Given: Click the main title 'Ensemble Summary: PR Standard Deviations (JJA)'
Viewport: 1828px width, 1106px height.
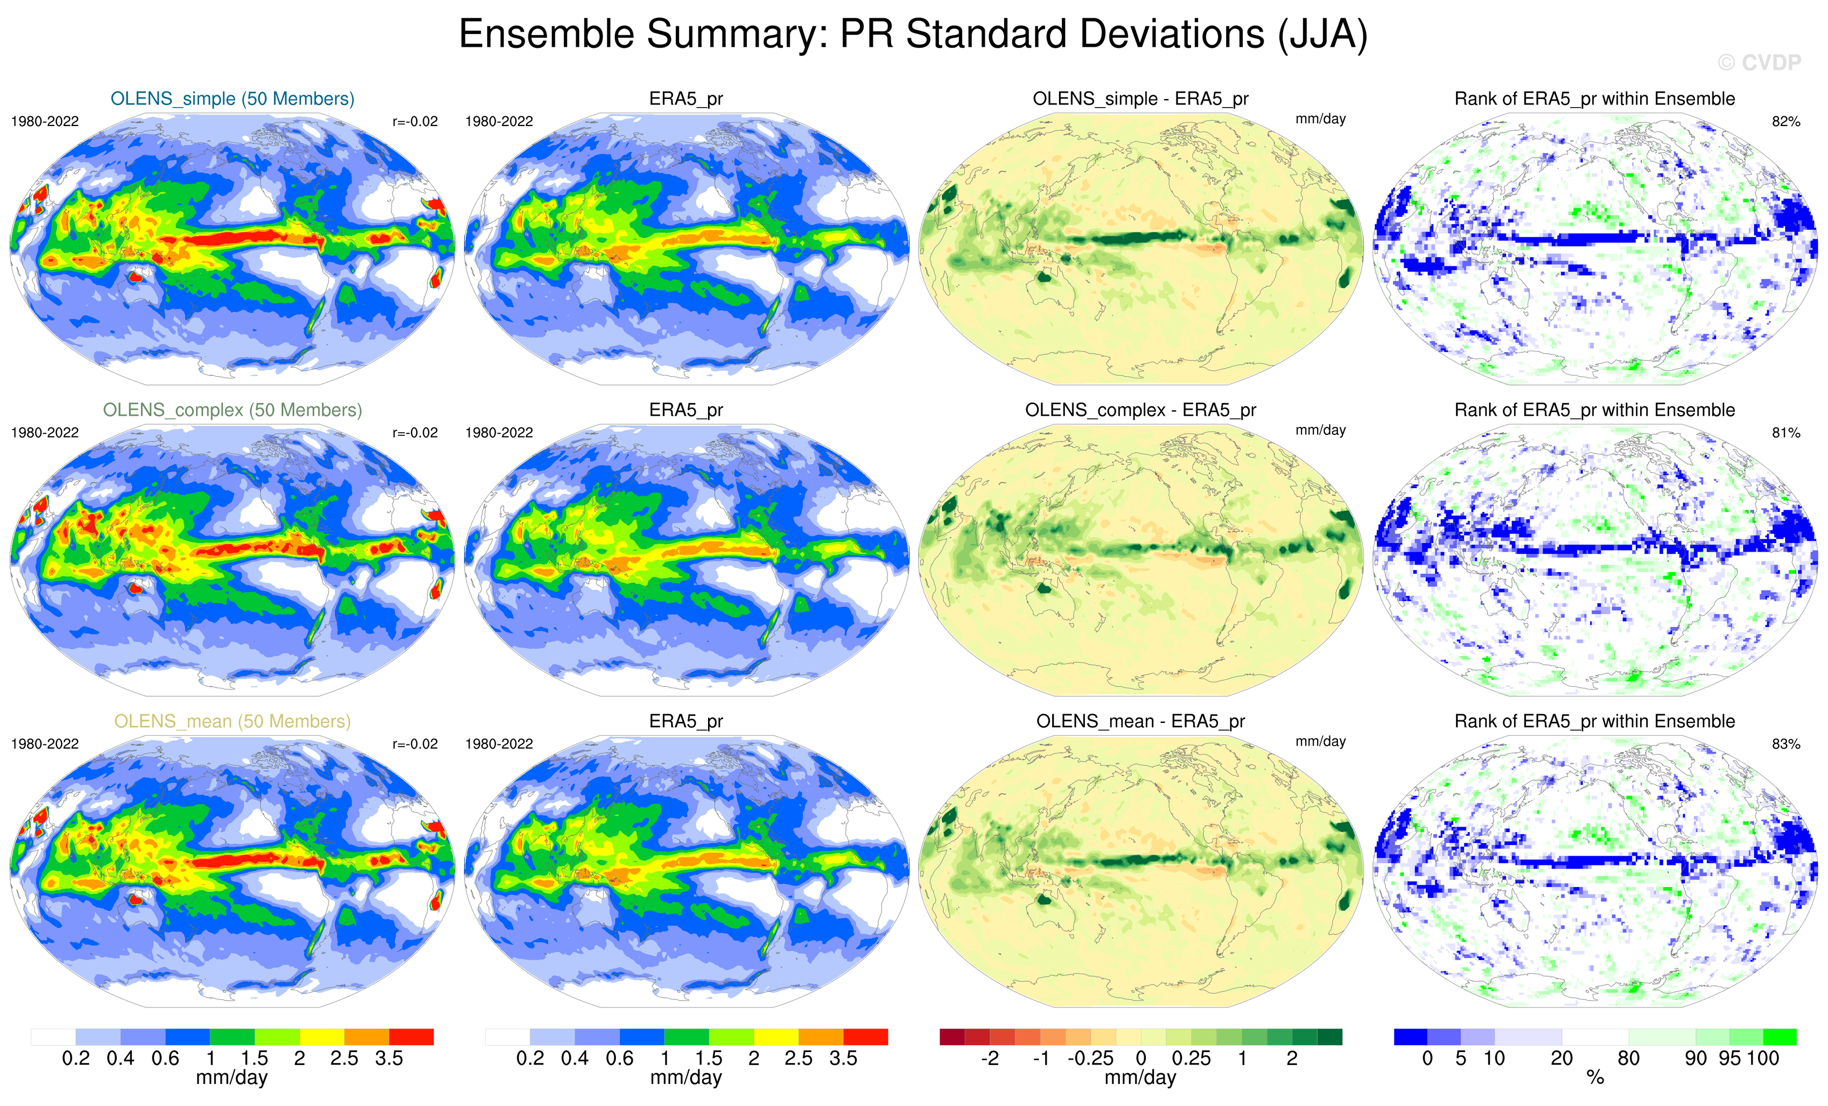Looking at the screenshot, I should tap(913, 34).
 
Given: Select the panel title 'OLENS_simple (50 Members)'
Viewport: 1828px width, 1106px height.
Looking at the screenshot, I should tap(232, 98).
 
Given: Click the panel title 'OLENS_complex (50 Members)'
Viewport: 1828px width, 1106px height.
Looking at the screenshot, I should tap(232, 410).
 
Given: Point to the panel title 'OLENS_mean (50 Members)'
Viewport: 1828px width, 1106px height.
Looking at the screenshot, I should tap(232, 721).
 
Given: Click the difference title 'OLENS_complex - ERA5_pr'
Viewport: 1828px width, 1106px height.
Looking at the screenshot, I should tap(1140, 410).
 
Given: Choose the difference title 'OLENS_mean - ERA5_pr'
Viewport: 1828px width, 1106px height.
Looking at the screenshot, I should tap(1140, 721).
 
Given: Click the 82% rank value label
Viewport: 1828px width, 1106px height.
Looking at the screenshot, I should tap(1785, 122).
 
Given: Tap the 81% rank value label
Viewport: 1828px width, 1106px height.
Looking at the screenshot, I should tap(1785, 433).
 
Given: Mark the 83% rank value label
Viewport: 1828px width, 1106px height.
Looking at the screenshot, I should tap(1785, 744).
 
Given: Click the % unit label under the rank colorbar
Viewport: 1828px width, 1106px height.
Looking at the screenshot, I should tap(1595, 1078).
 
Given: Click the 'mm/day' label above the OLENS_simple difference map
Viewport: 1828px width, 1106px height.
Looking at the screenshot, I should tap(1320, 119).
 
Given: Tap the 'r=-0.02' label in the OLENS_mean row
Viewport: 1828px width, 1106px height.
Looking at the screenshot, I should tap(415, 744).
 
